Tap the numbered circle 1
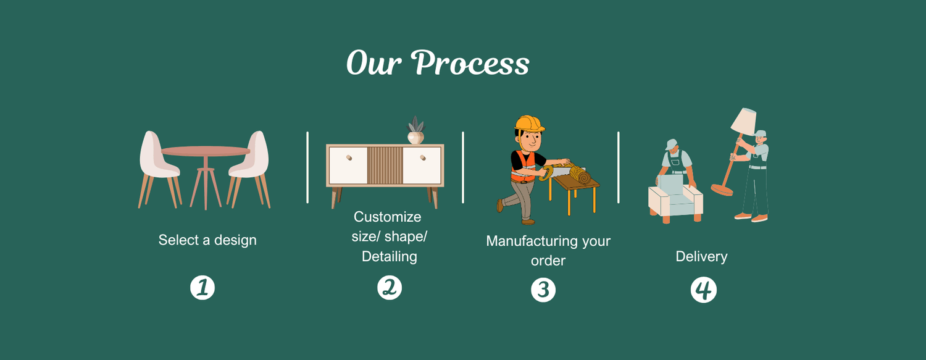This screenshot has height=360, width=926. click(202, 288)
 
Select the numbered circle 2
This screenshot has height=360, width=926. click(390, 287)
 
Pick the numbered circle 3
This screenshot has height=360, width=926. click(543, 290)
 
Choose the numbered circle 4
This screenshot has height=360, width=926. click(703, 290)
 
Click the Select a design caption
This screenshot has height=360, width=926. click(207, 240)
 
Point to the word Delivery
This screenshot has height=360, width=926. click(701, 256)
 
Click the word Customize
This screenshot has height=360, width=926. click(388, 217)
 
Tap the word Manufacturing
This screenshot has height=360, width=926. click(530, 241)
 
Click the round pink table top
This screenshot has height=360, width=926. click(206, 151)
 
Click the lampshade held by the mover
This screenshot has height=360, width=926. click(745, 121)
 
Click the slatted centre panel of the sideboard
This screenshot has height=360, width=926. click(385, 165)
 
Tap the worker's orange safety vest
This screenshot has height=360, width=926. click(523, 168)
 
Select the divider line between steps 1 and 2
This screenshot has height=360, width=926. click(307, 167)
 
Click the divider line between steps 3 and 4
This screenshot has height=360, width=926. click(619, 167)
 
